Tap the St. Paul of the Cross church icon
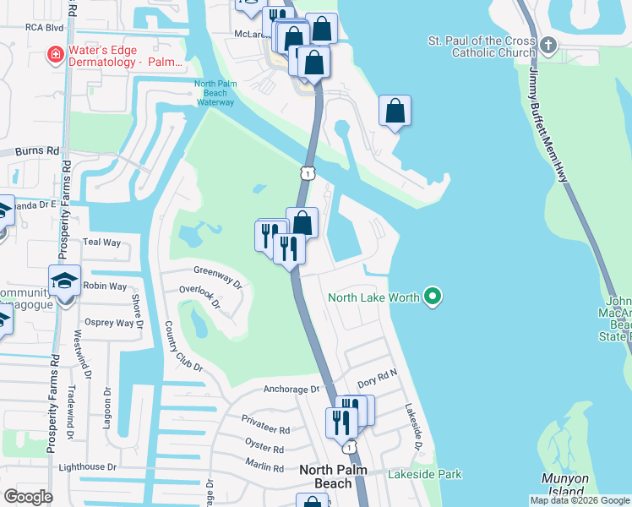coord(548,44)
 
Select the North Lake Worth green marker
coord(433,297)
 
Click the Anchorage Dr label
coord(292,390)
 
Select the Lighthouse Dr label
coord(87,466)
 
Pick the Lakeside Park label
coord(425,474)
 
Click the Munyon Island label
coord(564,483)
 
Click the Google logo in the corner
coord(28,497)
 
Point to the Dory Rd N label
coord(377,383)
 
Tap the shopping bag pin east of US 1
coord(395,111)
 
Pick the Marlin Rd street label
coord(265,467)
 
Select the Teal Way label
coord(101,243)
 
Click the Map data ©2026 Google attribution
coord(580,500)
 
